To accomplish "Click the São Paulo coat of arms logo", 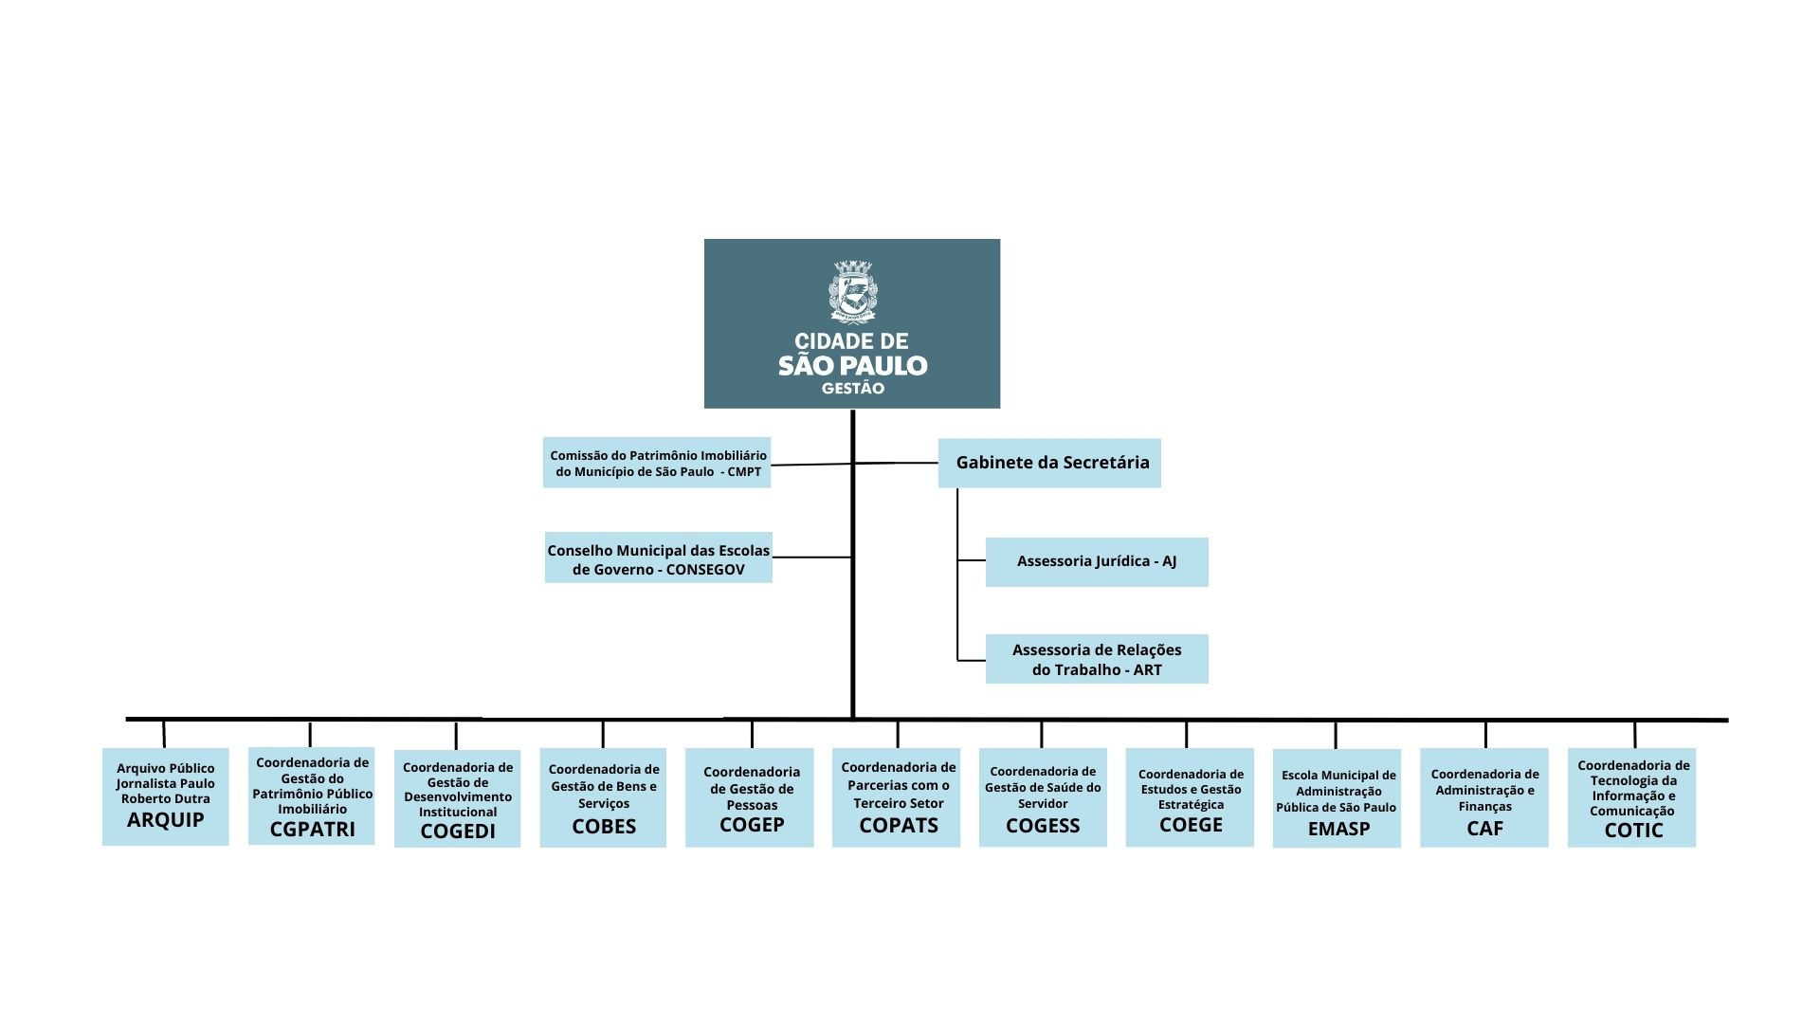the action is pyautogui.click(x=853, y=292).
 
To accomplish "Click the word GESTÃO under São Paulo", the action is pyautogui.click(x=853, y=388).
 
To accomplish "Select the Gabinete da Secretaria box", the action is pyautogui.click(x=1049, y=463).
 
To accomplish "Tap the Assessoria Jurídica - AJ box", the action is pyautogui.click(x=1097, y=561).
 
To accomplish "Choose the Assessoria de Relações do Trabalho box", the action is pyautogui.click(x=1097, y=659).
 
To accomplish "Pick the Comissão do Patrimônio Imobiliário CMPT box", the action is pyautogui.click(x=657, y=463).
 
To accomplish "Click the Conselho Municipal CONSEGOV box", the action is pyautogui.click(x=659, y=558).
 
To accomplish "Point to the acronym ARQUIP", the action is pyautogui.click(x=166, y=820).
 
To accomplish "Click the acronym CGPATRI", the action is pyautogui.click(x=313, y=830).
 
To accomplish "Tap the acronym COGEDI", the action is pyautogui.click(x=458, y=832).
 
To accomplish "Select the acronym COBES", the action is pyautogui.click(x=604, y=827).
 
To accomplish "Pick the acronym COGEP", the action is pyautogui.click(x=752, y=825).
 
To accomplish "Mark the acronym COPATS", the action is pyautogui.click(x=899, y=826).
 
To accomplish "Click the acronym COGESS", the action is pyautogui.click(x=1043, y=826).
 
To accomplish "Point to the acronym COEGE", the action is pyautogui.click(x=1192, y=825).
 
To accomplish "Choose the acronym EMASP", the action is pyautogui.click(x=1338, y=829).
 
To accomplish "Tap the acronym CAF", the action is pyautogui.click(x=1485, y=829).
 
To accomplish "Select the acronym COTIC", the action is pyautogui.click(x=1633, y=831).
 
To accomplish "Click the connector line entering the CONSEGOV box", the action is pyautogui.click(x=812, y=558).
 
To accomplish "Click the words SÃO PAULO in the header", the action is pyautogui.click(x=853, y=366).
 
